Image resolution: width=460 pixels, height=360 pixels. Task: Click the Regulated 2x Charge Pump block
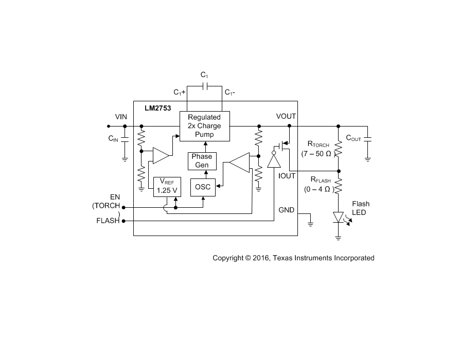click(x=204, y=126)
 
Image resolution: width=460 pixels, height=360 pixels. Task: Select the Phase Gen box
click(x=202, y=161)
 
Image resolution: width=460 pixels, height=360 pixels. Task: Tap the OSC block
click(x=203, y=187)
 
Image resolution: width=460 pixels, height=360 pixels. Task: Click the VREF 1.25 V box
click(x=167, y=187)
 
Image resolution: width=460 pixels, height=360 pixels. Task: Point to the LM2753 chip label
click(x=158, y=108)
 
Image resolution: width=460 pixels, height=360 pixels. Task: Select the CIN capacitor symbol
click(x=125, y=139)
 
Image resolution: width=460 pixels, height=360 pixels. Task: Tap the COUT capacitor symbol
click(x=367, y=139)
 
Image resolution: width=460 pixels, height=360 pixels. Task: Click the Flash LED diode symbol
click(x=338, y=217)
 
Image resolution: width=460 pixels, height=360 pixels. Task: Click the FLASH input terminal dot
click(x=123, y=221)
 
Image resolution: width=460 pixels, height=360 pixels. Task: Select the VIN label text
click(x=121, y=117)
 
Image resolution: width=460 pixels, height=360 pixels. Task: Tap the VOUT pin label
click(x=286, y=116)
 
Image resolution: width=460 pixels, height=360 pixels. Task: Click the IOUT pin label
click(x=287, y=176)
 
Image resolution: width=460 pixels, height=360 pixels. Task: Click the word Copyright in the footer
click(x=228, y=258)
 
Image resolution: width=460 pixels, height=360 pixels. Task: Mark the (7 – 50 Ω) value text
click(x=318, y=154)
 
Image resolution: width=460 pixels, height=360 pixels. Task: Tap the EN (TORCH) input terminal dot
click(x=123, y=208)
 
